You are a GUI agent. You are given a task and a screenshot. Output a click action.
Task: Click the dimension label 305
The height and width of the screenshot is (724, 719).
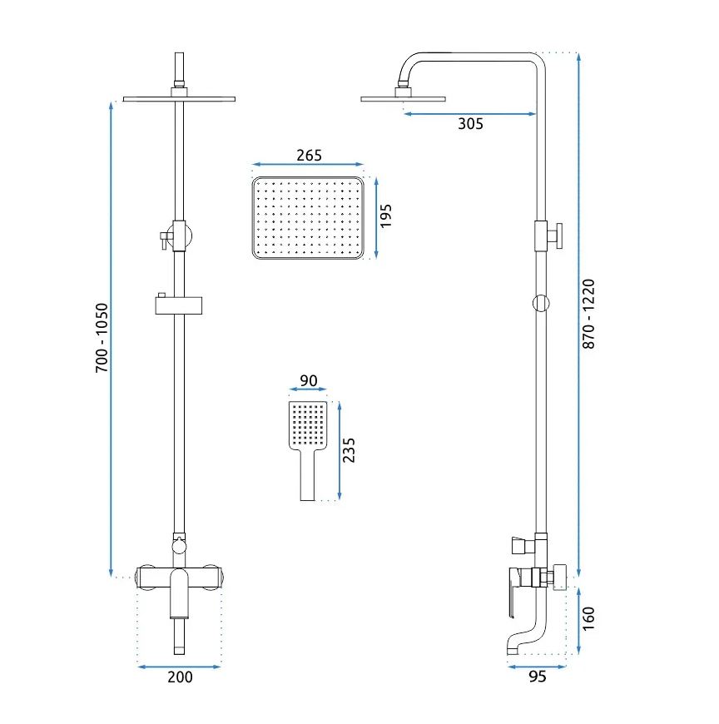470,125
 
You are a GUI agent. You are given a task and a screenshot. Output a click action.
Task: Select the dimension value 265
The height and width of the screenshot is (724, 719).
308,155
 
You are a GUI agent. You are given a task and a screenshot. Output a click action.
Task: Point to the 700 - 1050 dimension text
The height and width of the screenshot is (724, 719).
102,338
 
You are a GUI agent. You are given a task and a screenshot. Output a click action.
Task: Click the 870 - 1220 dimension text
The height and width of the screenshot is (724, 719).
588,313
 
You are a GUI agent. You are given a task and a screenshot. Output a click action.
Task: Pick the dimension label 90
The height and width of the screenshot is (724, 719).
308,381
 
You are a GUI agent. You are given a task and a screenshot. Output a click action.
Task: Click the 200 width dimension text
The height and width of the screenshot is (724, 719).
180,677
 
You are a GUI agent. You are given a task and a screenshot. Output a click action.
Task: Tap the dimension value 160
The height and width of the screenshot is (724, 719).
588,618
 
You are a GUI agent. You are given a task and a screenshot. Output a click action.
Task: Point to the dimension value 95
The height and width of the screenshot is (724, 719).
537,677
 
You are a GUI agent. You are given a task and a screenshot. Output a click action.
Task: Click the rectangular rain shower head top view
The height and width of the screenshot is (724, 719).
308,218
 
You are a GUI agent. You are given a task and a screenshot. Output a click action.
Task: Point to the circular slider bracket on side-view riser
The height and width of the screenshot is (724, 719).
541,303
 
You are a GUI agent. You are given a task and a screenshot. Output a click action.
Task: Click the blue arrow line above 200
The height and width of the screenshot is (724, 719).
179,667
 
